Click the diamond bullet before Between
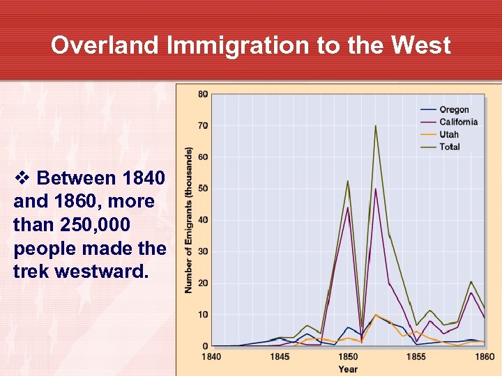tap(20, 178)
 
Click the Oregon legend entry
tap(454, 109)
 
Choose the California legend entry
tap(458, 122)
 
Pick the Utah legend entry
tap(449, 134)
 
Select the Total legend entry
tap(450, 147)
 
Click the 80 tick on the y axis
tap(203, 94)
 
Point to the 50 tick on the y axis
tap(203, 189)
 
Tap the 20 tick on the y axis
tap(203, 283)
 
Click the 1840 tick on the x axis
tap(212, 357)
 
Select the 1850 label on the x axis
tap(348, 357)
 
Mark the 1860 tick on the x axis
tap(484, 357)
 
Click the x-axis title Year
tap(348, 369)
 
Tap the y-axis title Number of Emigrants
tap(188, 219)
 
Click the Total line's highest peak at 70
tap(375, 126)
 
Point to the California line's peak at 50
tap(375, 189)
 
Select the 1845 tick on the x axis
tap(280, 357)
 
